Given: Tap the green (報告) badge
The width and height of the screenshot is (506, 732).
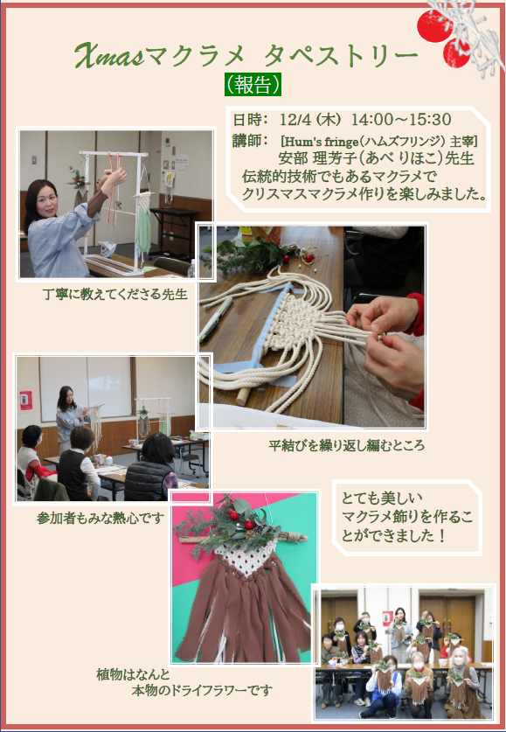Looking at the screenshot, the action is coord(253,84).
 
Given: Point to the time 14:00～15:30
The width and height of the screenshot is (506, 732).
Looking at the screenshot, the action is coord(401,120).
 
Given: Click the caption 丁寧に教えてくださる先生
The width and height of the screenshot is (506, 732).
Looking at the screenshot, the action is coord(114,295).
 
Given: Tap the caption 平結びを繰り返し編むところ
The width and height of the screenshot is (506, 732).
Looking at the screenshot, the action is coord(346,445).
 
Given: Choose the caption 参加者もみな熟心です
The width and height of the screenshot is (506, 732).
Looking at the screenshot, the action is coord(101,519).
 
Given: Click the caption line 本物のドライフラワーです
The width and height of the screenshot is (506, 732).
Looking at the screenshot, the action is coord(202,690).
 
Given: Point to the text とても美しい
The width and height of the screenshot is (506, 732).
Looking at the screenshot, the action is coord(382,498).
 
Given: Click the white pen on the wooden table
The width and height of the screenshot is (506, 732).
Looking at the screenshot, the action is coord(216,319).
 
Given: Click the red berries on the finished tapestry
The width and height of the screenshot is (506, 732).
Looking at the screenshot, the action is coord(241,519).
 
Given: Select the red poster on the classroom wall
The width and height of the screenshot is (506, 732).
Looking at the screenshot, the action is coord(25,400).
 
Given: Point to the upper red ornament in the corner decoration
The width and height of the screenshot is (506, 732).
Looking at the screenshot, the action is coord(434,25).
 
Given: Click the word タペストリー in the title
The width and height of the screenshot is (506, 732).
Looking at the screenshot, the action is coord(341,56).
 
